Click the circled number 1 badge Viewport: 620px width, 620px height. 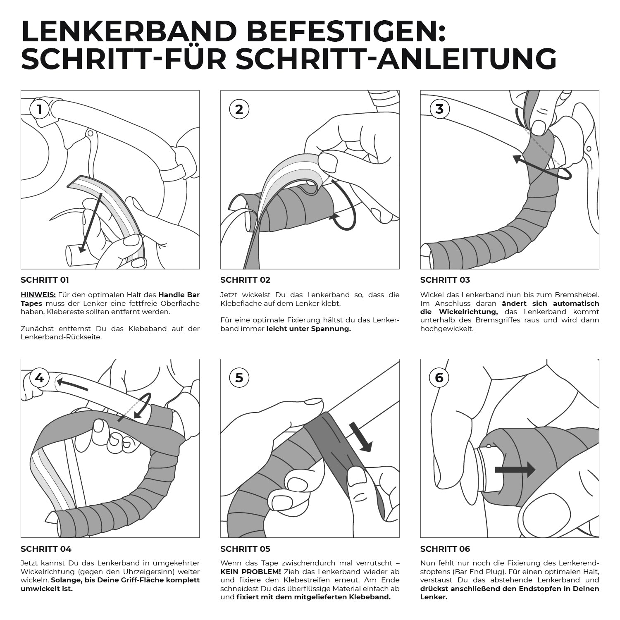[40, 110]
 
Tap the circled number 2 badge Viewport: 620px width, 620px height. [239, 110]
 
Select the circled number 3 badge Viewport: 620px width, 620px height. [439, 109]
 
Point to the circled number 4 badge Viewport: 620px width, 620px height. [40, 378]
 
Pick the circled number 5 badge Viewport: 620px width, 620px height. [239, 378]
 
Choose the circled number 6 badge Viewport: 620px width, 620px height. [439, 378]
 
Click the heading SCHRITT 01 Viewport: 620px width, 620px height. [45, 280]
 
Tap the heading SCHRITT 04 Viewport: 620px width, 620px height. [46, 549]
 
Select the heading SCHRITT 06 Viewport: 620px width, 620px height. [445, 549]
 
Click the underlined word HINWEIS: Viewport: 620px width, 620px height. [38, 295]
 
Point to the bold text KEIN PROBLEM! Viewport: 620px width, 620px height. [250, 571]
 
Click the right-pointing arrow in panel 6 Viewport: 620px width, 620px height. [515, 470]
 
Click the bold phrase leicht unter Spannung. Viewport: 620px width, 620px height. [309, 329]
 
